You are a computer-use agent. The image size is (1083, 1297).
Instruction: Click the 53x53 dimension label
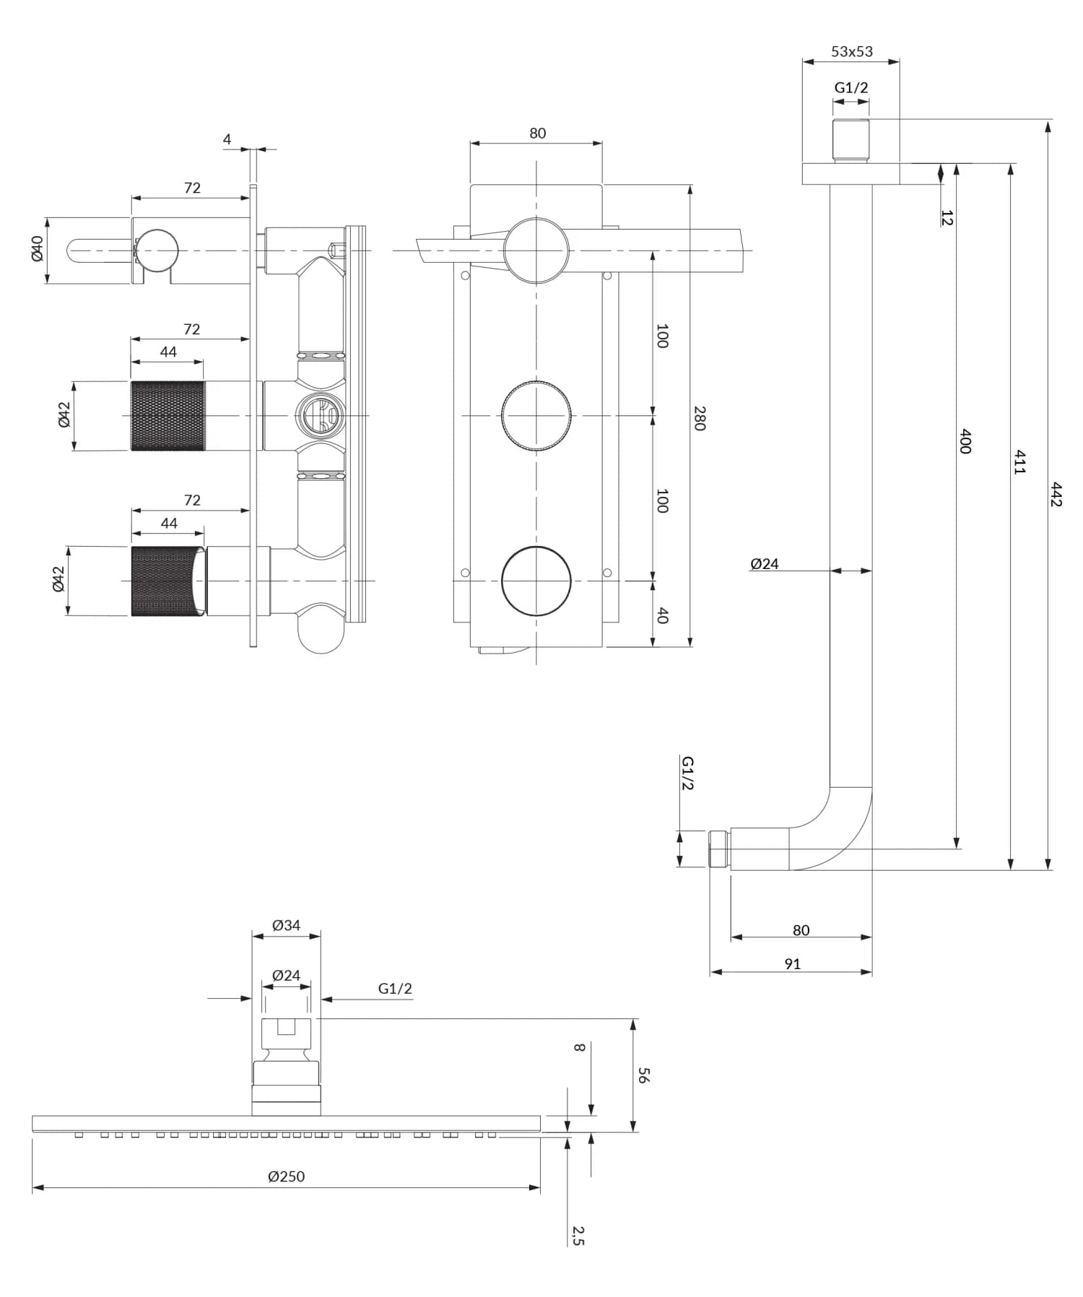tap(851, 51)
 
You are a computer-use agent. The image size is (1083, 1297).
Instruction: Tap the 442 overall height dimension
tap(1056, 495)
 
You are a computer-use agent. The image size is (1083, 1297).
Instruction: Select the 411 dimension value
tap(1019, 461)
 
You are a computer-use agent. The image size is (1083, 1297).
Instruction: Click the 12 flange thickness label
tap(947, 217)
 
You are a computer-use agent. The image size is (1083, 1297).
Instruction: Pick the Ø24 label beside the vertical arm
tap(764, 564)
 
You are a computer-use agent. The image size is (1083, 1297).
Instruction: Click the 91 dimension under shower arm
tap(792, 964)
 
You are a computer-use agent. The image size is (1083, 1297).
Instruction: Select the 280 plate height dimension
tap(699, 418)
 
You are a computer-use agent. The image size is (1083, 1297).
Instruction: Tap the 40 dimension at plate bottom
tap(662, 615)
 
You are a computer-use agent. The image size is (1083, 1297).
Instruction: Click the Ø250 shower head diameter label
tap(286, 1176)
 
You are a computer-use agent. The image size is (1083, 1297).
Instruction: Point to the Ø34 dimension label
tap(286, 925)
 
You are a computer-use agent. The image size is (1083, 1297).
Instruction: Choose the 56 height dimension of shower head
tap(643, 1075)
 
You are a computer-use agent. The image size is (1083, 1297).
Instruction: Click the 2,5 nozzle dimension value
tap(578, 1236)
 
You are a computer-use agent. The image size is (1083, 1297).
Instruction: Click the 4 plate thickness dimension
tap(227, 139)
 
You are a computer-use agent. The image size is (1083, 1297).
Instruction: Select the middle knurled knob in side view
tap(168, 416)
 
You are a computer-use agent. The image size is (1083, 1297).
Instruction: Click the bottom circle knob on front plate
tap(536, 581)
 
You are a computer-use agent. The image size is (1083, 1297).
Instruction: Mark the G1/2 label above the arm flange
tap(851, 87)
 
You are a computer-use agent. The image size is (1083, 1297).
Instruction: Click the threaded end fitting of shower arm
tap(719, 849)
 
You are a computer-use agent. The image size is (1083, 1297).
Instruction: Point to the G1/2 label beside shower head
tap(395, 989)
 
